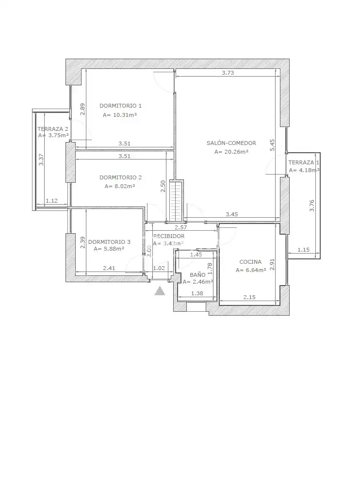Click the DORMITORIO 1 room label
pyautogui.click(x=120, y=106)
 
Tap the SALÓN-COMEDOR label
pyautogui.click(x=231, y=143)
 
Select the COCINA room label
pyautogui.click(x=250, y=262)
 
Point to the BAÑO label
pyautogui.click(x=197, y=274)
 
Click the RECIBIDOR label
pyautogui.click(x=169, y=236)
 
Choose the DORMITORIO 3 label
pyautogui.click(x=109, y=242)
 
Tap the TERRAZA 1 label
pyautogui.click(x=304, y=162)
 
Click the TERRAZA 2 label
pyautogui.click(x=53, y=129)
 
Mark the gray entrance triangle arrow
pyautogui.click(x=160, y=291)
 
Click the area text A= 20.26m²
pyautogui.click(x=231, y=152)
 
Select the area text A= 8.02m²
pyautogui.click(x=120, y=186)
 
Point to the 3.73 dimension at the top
pyautogui.click(x=228, y=73)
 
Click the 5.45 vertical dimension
pyautogui.click(x=272, y=145)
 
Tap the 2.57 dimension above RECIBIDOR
pyautogui.click(x=181, y=227)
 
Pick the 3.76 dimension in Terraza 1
pyautogui.click(x=311, y=206)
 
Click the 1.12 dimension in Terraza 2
pyautogui.click(x=51, y=200)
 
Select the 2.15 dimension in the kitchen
pyautogui.click(x=249, y=297)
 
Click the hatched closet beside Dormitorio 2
pyautogui.click(x=176, y=201)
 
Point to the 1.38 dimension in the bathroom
pyautogui.click(x=197, y=293)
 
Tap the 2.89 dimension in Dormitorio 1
pyautogui.click(x=82, y=109)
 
